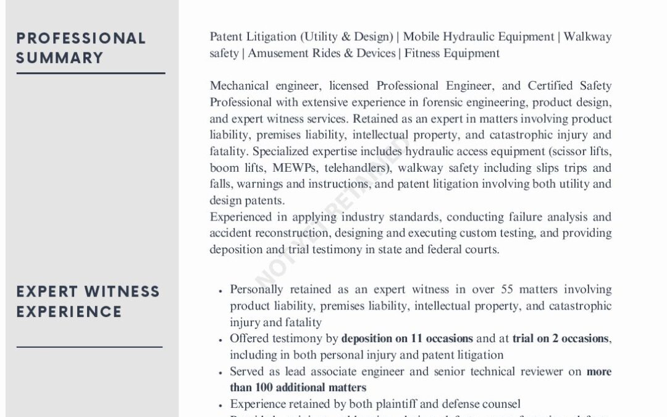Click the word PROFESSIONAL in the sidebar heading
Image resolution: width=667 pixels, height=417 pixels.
[81, 38]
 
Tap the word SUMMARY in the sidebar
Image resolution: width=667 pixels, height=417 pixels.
[60, 58]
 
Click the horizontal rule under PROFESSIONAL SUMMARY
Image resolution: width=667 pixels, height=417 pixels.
[91, 74]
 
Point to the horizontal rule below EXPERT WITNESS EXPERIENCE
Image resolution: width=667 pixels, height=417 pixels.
[90, 347]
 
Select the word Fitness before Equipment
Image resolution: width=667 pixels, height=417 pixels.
[426, 53]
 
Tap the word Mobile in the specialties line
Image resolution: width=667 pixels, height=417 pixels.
[422, 37]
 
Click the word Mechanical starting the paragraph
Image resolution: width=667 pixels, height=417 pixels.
[239, 86]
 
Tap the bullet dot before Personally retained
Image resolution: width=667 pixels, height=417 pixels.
[220, 290]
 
